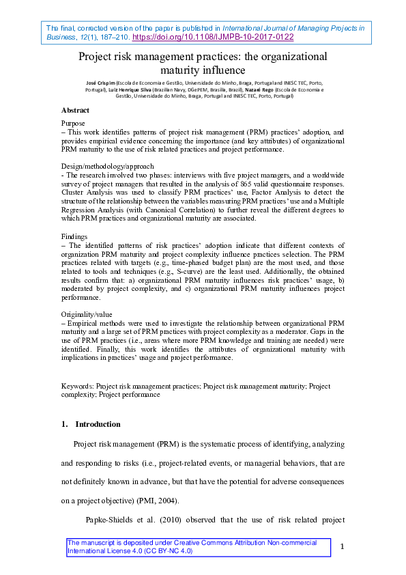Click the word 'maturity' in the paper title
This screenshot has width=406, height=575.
(181, 69)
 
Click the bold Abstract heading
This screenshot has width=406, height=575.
(75, 110)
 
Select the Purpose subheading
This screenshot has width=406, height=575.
(73, 123)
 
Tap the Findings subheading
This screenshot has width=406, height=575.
(75, 236)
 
